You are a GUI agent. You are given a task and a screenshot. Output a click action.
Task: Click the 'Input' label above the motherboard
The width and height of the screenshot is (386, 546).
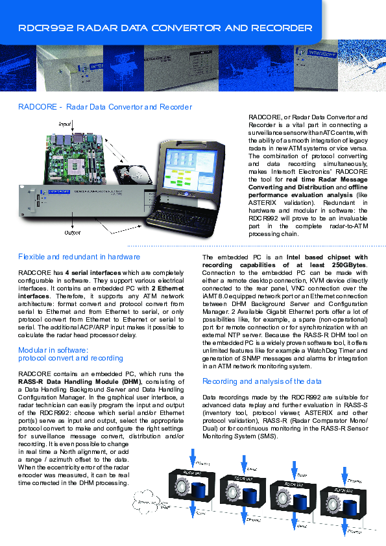pos(65,123)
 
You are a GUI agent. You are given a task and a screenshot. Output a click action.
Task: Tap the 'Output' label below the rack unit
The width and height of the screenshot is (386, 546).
pos(72,231)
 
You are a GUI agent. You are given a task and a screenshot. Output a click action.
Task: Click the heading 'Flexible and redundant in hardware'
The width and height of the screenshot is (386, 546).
pos(79,257)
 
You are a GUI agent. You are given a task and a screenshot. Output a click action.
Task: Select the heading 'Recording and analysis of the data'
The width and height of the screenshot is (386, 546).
pos(261,381)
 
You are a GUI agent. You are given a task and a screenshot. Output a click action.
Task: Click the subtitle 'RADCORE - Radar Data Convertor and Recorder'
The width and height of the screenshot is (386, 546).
pos(105,107)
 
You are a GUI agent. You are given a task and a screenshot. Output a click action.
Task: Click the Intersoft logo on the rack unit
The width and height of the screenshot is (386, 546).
pos(57,191)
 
